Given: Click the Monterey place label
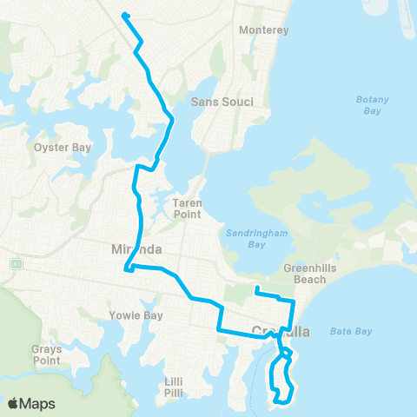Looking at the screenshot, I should tap(263, 30).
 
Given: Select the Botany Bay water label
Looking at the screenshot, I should tap(374, 105).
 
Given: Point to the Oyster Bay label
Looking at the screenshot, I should tap(62, 148).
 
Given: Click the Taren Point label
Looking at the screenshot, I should tap(187, 208).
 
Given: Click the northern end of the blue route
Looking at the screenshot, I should tap(125, 15).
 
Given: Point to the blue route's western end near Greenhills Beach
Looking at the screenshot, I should tap(256, 288).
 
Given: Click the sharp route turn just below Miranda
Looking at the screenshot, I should tap(128, 268).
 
